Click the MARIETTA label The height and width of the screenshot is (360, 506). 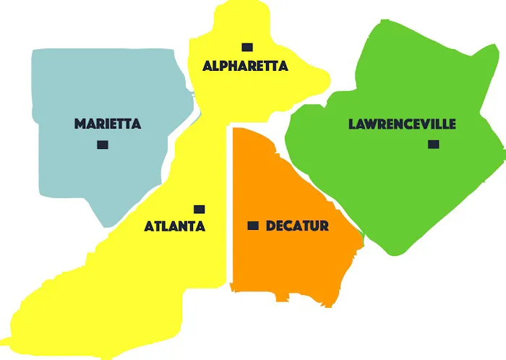point(108,124)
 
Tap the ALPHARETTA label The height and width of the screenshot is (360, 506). point(245,66)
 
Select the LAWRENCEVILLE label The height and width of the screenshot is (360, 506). point(402,124)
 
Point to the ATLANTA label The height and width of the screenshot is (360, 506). point(175,226)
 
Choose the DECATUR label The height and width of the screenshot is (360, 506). point(297,226)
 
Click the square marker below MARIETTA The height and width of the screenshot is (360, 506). point(103,145)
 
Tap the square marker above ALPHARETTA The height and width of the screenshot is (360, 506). point(247,47)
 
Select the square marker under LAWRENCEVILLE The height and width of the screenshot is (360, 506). point(433,145)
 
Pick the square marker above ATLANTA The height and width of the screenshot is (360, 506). point(200,209)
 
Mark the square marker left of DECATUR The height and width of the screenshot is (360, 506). point(253,226)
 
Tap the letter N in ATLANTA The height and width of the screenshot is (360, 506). point(185,226)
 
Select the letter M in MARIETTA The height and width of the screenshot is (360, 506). point(80,124)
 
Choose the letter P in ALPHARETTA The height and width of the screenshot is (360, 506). point(226,66)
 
